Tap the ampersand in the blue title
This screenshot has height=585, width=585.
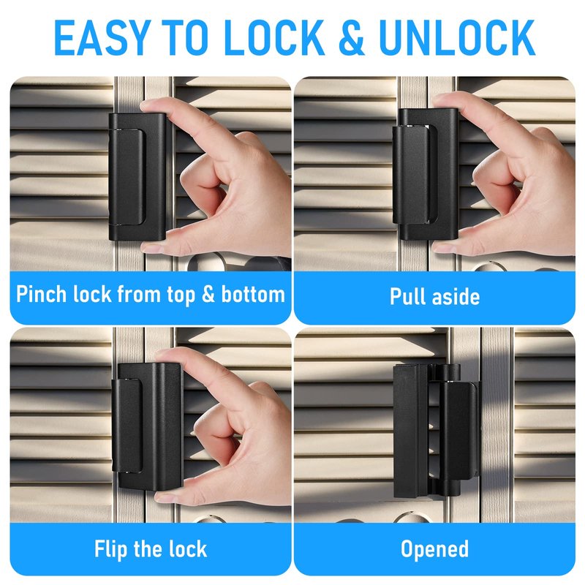point(352,38)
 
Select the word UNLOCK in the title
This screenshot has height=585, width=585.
point(457,38)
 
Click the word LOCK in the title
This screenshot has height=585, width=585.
point(275,38)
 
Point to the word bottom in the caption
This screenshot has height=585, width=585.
point(253,294)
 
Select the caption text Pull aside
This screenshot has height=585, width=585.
point(434,297)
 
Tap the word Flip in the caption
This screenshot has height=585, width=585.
point(112,550)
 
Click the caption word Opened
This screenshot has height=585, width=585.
point(434,550)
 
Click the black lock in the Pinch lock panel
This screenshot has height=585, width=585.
point(137,177)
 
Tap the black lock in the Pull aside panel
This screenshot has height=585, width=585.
point(426,175)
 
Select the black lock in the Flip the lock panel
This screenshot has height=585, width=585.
point(147,426)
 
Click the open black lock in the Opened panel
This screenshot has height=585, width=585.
point(435,431)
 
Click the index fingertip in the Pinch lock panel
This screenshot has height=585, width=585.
point(148,105)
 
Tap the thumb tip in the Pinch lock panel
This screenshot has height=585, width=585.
point(149,247)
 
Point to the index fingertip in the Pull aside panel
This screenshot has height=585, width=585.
point(440,99)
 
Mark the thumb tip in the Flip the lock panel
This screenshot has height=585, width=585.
point(163,497)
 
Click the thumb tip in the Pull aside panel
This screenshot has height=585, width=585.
point(442,248)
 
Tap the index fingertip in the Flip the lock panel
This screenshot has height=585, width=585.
point(163,355)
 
